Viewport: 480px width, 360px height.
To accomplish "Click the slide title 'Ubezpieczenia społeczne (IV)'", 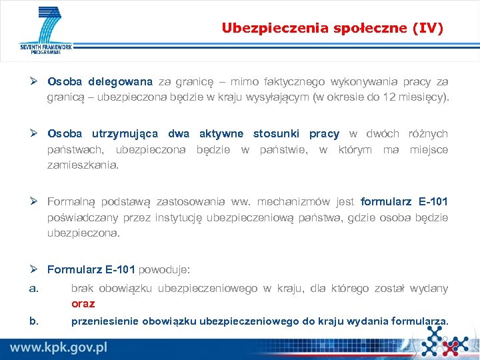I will [332, 28].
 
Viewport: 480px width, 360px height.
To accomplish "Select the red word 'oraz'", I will [83, 303].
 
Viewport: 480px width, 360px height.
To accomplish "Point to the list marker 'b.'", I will [34, 321].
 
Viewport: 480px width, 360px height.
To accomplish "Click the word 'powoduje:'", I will [164, 269].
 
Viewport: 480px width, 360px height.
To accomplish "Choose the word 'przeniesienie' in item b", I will [103, 321].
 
